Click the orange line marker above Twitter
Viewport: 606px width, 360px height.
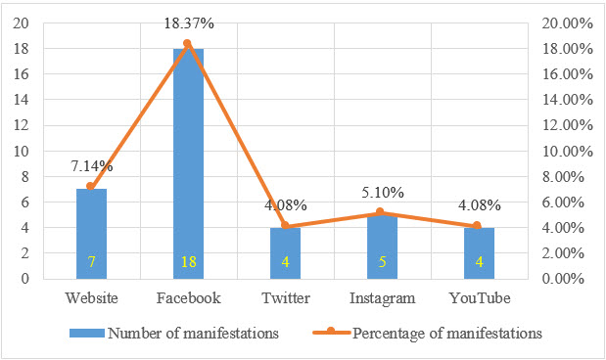tap(285, 226)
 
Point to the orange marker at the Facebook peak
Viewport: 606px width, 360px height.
tap(187, 43)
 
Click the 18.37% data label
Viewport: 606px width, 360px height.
tap(188, 23)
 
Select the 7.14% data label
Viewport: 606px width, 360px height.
tap(91, 167)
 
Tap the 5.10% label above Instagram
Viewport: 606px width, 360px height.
tap(384, 193)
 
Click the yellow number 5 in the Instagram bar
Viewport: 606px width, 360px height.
tap(383, 263)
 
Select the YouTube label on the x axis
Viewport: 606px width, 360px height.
tap(481, 297)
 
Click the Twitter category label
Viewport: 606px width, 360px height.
tap(285, 297)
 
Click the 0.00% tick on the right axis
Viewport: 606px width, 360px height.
tap(563, 279)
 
